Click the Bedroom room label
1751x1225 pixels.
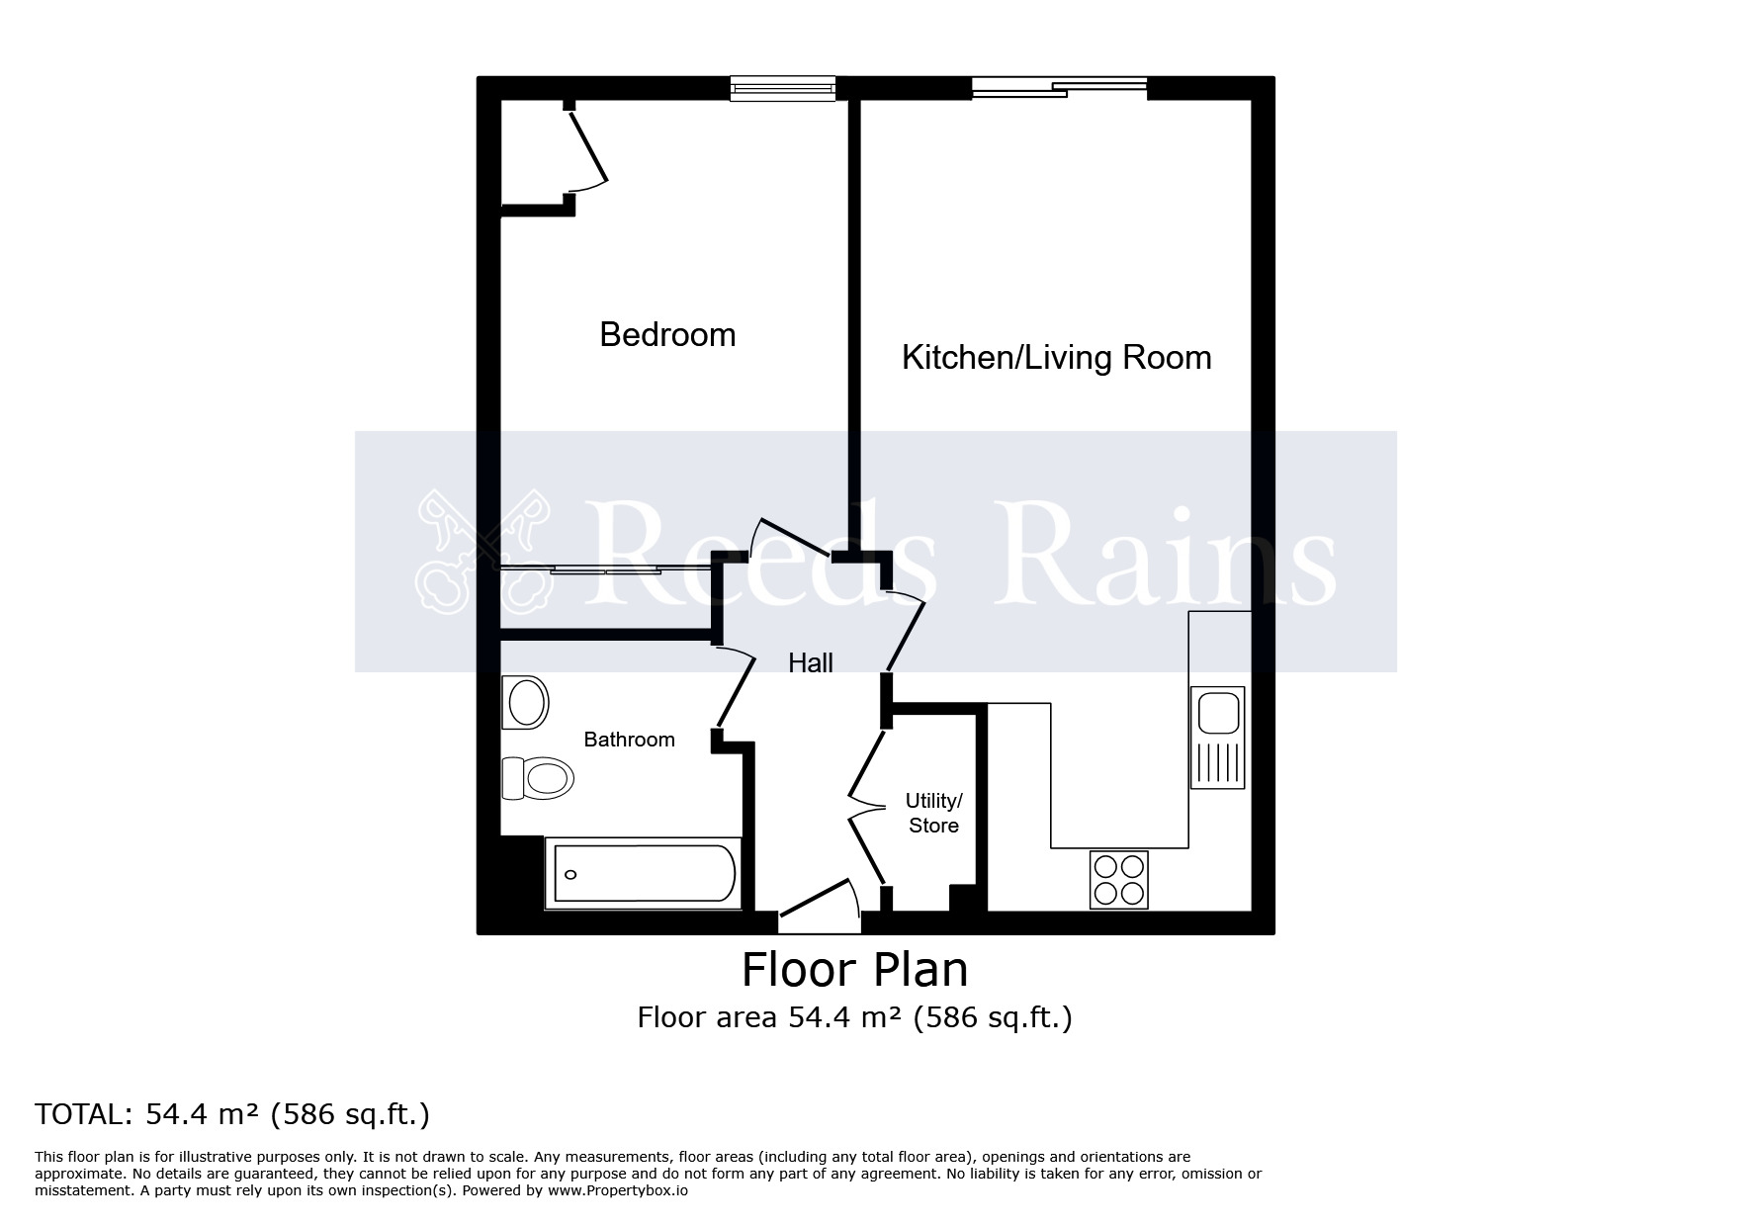tap(667, 335)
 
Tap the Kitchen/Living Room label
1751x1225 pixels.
tap(1056, 357)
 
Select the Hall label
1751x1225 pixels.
tap(810, 663)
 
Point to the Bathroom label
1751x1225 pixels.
tap(629, 740)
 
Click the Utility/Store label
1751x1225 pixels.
tap(933, 813)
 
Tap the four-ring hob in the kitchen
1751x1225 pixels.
tap(1119, 880)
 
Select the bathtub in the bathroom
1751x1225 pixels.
tap(643, 873)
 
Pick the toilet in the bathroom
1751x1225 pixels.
tap(539, 777)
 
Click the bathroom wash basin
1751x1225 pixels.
tap(526, 702)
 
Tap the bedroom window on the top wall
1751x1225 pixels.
tap(783, 89)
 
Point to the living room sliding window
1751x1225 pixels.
tap(1059, 89)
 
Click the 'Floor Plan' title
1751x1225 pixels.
tap(854, 970)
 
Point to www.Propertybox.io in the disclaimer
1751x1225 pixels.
tap(618, 1191)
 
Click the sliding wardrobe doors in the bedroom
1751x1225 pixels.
tap(581, 569)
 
